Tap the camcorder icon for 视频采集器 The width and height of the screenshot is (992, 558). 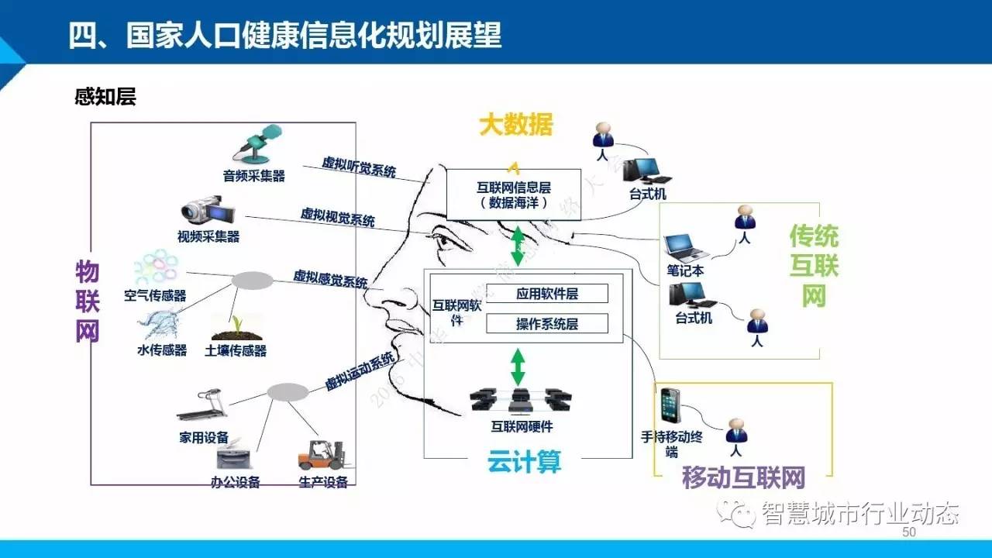[203, 211]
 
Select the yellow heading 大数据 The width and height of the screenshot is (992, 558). [515, 125]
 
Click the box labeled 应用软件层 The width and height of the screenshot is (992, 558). [547, 294]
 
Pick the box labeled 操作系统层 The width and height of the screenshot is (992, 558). [547, 324]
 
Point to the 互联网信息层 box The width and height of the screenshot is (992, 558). [513, 194]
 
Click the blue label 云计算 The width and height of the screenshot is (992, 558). [524, 463]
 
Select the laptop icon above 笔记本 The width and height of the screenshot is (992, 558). [685, 247]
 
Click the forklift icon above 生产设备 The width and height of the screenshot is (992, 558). [320, 455]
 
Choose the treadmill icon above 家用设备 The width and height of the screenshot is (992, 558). [202, 406]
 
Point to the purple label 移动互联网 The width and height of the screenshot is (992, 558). [742, 477]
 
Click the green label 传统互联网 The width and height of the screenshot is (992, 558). [813, 265]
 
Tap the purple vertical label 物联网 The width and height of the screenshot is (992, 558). [88, 301]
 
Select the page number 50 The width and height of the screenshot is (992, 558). [909, 532]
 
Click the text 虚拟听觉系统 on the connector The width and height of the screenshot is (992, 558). [359, 167]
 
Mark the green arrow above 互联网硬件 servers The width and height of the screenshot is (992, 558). [518, 367]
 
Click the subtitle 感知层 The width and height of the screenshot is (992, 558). [105, 98]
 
